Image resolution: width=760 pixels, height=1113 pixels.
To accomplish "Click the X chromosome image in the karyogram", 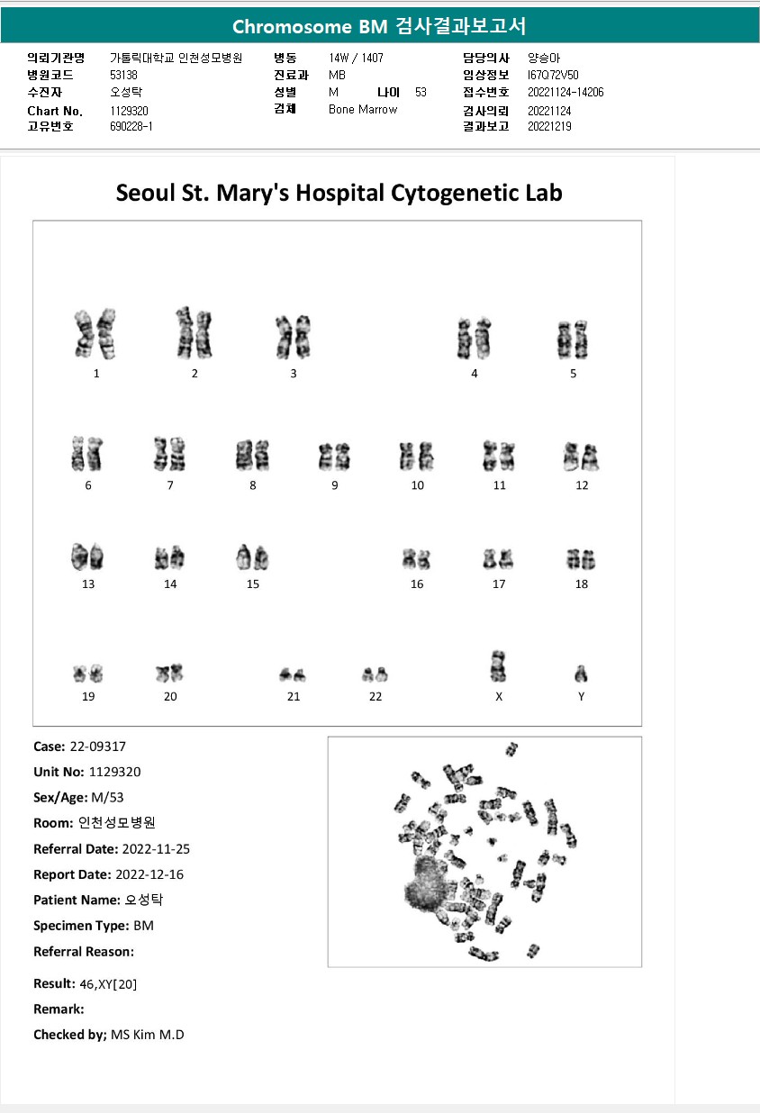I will pos(497,666).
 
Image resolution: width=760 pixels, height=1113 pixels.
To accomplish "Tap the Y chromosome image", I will pos(582,674).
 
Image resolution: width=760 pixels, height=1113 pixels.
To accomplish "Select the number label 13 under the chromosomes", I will pos(88,584).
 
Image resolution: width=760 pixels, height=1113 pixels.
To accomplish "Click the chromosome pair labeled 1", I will pos(95,333).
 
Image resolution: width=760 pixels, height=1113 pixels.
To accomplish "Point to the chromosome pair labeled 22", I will pos(375,674).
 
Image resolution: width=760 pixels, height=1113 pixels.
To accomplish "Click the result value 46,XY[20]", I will pos(109,984).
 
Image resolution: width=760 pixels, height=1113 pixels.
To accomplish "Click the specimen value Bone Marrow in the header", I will pos(363,110).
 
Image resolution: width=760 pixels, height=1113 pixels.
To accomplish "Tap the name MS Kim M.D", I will pos(148,1035).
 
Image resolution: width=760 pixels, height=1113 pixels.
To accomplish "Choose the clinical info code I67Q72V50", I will pos(553,75).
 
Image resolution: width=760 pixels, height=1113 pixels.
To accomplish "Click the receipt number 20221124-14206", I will pos(565,93).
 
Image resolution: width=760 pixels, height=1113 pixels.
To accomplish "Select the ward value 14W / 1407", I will pos(357,58).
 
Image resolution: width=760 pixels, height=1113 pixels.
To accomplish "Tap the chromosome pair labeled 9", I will pos(334,457).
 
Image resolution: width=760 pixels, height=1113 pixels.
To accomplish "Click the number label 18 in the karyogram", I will pos(582,584).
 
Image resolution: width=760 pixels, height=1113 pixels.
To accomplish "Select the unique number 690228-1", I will pos(131,127).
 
